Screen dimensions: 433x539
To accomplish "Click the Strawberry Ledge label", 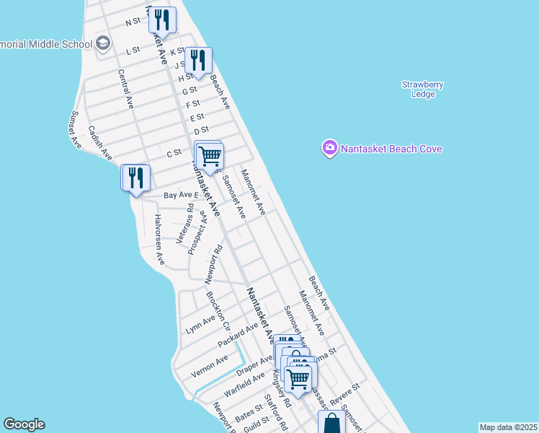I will coord(422,89).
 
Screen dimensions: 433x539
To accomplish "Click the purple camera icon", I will coord(329,148).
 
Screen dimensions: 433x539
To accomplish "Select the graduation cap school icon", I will coord(103,43).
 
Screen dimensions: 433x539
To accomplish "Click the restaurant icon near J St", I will coord(198,60).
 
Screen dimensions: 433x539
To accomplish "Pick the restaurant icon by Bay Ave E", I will coord(135,178).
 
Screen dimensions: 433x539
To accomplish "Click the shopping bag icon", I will coord(331,424).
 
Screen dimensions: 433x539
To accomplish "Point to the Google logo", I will coord(24,424).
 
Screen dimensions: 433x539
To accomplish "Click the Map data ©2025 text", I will coord(508,427).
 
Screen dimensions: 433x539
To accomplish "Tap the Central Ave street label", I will coord(125,89).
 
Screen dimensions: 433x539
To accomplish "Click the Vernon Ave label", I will coord(209,366).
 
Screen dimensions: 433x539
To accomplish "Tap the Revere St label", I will coord(344,393).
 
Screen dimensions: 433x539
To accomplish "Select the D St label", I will coord(201,131).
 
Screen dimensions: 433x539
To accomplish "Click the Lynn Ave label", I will coord(200,324).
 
